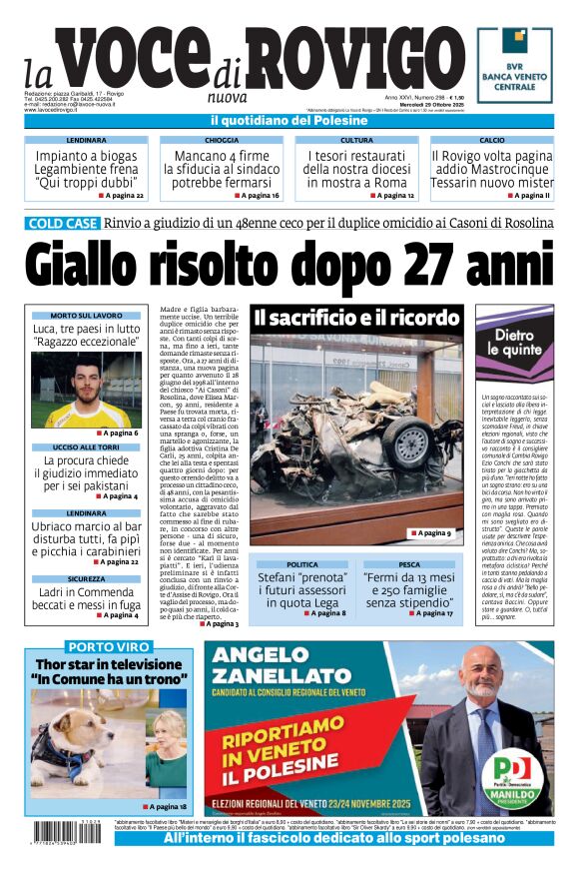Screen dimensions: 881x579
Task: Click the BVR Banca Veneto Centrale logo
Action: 515,66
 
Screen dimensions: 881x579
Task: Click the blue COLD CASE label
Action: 63,224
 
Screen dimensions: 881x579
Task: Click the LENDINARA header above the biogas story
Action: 87,141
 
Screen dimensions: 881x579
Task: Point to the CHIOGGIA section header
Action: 221,141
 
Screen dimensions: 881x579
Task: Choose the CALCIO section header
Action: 492,141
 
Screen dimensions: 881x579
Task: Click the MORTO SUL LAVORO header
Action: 87,316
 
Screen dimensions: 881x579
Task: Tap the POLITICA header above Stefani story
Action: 303,564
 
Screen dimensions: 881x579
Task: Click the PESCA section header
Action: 409,564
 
